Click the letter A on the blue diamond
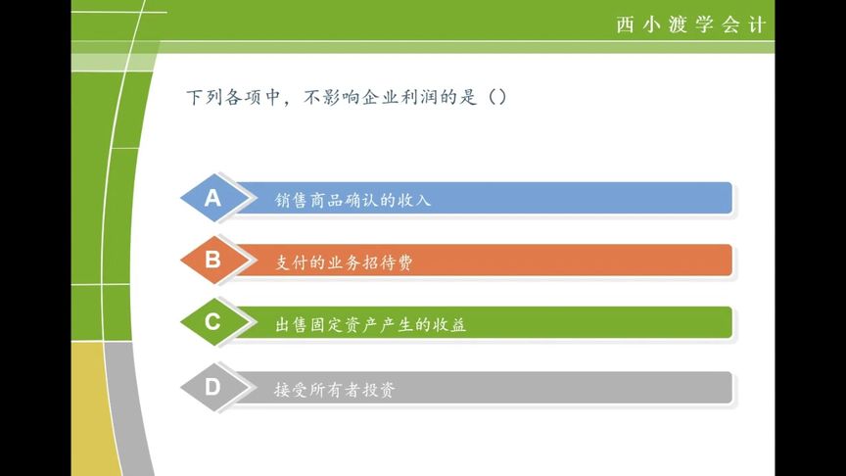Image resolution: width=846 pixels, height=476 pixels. click(212, 198)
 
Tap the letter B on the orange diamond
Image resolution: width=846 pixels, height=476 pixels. click(212, 260)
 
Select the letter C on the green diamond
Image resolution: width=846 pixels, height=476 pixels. click(212, 322)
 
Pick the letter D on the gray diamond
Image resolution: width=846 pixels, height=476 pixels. click(212, 387)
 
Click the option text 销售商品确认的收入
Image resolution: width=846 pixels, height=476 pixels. click(353, 200)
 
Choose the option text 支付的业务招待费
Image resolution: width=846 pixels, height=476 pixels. click(345, 262)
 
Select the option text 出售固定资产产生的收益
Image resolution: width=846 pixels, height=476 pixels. click(371, 325)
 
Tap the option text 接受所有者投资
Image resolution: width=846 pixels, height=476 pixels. click(335, 390)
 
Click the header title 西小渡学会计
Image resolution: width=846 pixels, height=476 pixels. click(690, 24)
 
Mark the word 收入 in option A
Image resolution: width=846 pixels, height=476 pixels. click(414, 200)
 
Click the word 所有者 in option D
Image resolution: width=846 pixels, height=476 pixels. click(335, 390)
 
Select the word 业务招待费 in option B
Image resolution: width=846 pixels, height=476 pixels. click(371, 262)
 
